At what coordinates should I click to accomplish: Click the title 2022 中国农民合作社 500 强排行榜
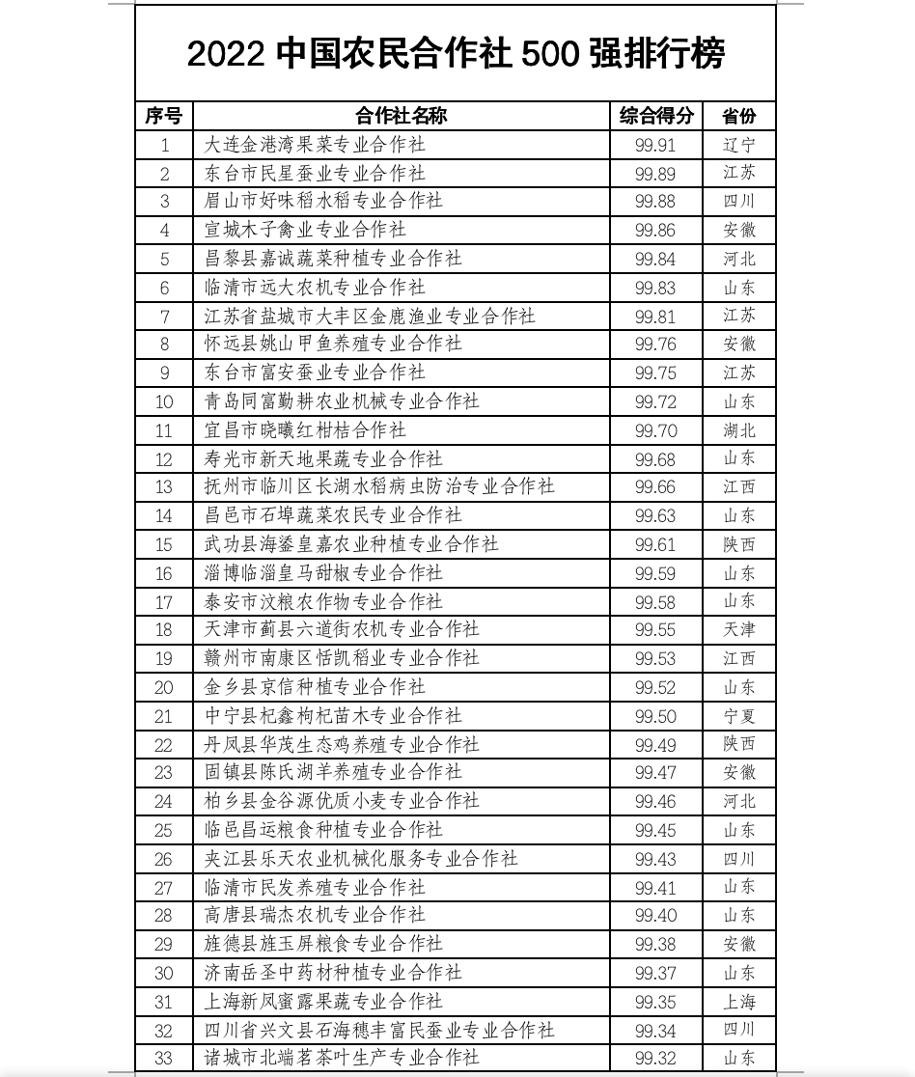[x=456, y=54]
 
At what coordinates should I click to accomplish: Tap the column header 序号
[x=164, y=117]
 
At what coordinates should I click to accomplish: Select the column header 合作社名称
[x=402, y=117]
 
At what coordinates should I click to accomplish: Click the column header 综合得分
[x=656, y=117]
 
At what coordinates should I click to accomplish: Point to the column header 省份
[x=739, y=117]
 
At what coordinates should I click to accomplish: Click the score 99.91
[x=656, y=146]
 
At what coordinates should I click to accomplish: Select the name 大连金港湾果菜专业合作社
[x=316, y=146]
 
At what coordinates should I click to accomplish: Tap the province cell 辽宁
[x=739, y=146]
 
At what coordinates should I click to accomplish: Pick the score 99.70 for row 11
[x=656, y=430]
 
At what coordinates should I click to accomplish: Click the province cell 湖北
[x=739, y=430]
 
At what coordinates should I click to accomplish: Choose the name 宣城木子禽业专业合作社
[x=306, y=230]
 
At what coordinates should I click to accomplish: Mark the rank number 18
[x=164, y=630]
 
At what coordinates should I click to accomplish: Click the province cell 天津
[x=739, y=630]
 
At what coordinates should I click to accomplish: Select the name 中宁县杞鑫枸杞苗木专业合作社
[x=334, y=716]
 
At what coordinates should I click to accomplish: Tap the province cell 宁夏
[x=739, y=716]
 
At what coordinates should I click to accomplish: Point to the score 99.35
[x=656, y=1002]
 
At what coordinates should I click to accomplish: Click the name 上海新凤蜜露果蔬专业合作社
[x=324, y=1002]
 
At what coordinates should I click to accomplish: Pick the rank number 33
[x=164, y=1059]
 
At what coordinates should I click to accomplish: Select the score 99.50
[x=656, y=716]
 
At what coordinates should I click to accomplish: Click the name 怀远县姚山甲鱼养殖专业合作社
[x=334, y=344]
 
